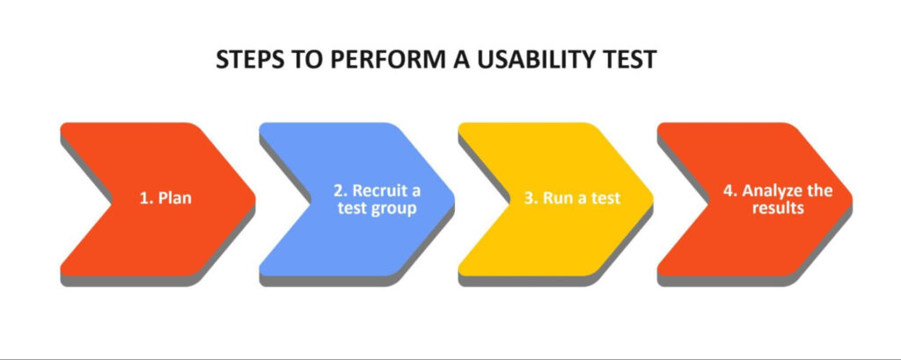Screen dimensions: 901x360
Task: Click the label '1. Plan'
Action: coord(166,198)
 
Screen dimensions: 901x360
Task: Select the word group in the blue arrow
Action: coord(393,209)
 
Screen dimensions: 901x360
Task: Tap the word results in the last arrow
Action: coord(778,208)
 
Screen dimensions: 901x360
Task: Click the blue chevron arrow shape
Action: coord(357,199)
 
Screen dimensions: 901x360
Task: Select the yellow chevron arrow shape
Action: coord(556,199)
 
